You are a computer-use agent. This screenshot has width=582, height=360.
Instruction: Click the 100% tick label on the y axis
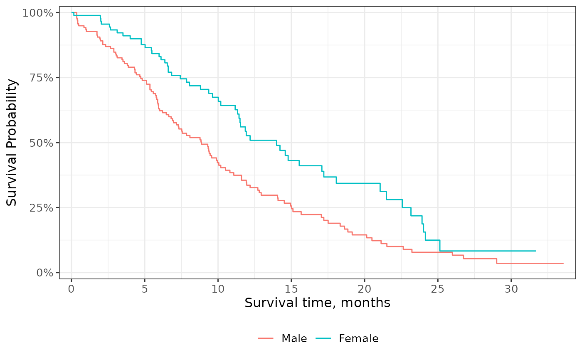tap(38, 13)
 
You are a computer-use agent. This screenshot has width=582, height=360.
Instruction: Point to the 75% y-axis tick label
tap(41, 78)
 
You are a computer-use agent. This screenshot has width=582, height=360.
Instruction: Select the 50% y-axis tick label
tap(41, 143)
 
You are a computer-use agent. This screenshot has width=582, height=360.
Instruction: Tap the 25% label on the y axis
tap(41, 208)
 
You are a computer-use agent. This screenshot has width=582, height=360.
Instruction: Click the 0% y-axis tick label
tap(45, 273)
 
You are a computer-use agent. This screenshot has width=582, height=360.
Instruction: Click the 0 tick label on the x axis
tap(72, 289)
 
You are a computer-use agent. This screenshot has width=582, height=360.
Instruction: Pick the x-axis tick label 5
tap(145, 289)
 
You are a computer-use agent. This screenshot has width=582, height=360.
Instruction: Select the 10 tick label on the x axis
tap(218, 289)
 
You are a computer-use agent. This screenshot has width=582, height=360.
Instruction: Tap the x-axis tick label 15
tap(291, 289)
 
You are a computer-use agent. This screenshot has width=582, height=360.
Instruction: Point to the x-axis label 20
tap(365, 289)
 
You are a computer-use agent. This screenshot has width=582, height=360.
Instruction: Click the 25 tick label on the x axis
tap(438, 289)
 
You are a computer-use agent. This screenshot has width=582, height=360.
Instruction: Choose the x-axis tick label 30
tap(511, 289)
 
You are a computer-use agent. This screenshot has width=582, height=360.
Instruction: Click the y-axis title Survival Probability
tap(12, 143)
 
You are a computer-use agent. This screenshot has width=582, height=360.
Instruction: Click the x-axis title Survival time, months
tap(317, 303)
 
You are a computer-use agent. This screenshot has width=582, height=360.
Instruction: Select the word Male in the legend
tap(294, 338)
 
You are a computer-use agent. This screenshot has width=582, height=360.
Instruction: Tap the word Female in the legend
tap(358, 338)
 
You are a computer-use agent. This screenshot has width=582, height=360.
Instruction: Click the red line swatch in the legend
tap(266, 338)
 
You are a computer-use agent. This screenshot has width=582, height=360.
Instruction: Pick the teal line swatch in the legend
tap(323, 338)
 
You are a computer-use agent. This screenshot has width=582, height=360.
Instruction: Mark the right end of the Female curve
tap(536, 251)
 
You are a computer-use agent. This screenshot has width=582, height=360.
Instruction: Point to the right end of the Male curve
tap(563, 264)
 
